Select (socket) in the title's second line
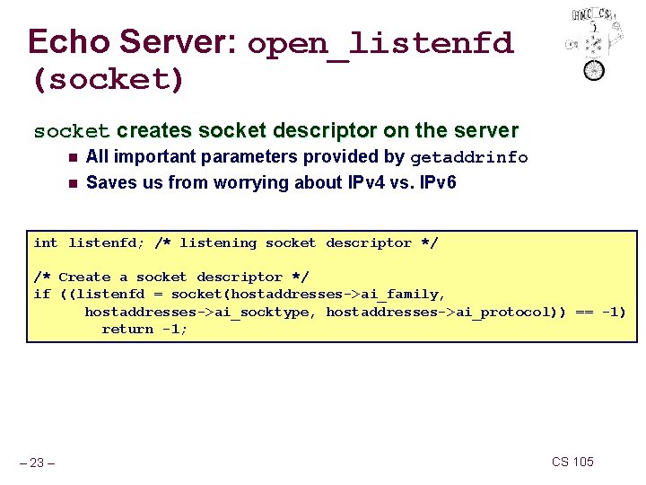click(x=108, y=80)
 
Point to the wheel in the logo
click(x=594, y=69)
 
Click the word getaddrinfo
click(x=469, y=158)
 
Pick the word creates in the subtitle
click(x=154, y=131)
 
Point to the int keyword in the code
click(x=45, y=242)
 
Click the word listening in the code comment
click(x=218, y=242)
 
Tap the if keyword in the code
click(x=41, y=295)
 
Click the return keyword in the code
click(x=127, y=329)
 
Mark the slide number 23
click(x=38, y=463)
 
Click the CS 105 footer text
click(x=572, y=462)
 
